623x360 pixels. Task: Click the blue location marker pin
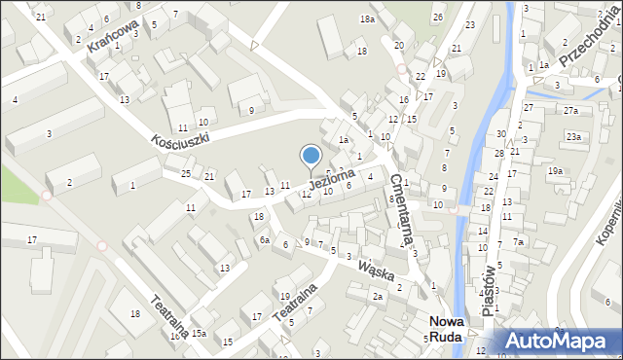tap(311, 156)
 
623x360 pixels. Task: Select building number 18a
tap(366, 19)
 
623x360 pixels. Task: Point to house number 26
tap(439, 18)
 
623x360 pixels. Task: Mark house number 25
tap(185, 173)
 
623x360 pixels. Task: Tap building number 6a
tap(264, 239)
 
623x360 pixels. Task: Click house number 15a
tap(199, 334)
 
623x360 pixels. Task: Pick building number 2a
tap(378, 296)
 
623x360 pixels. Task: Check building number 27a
tap(570, 111)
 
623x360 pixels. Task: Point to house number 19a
tap(555, 170)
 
